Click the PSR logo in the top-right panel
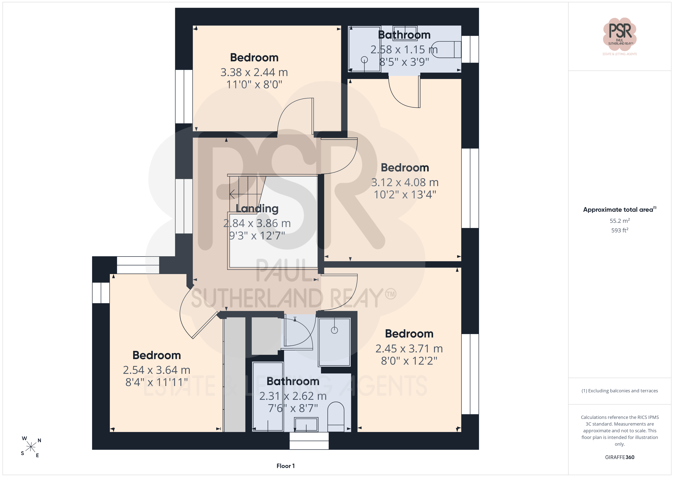coord(620,34)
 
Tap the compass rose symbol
coord(31,447)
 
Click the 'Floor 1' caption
coord(285,466)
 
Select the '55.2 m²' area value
coord(620,221)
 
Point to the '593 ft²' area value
coord(620,230)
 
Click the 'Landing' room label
coord(257,208)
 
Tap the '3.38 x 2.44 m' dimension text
coord(254,72)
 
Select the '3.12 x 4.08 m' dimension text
coord(405,182)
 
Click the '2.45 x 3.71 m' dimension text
coord(409,349)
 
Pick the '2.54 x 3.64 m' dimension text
coord(156,370)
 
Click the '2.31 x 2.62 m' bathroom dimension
coord(293,396)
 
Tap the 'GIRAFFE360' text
coord(620,457)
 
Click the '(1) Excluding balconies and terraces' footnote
coord(620,391)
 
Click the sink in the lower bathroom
coord(306,425)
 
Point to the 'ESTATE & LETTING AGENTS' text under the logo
coord(620,54)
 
